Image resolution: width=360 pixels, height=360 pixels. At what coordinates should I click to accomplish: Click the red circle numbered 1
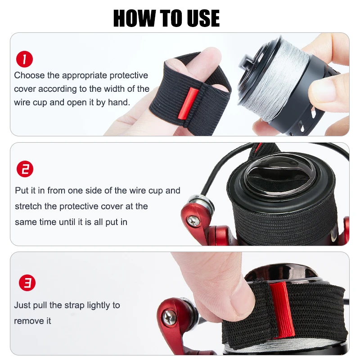[x=25, y=59]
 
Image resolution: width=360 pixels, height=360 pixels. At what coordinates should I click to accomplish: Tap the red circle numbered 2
[x=25, y=169]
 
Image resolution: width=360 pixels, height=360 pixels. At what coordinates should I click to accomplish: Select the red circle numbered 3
[x=27, y=283]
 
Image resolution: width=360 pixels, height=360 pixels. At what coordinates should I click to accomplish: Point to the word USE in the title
[x=203, y=18]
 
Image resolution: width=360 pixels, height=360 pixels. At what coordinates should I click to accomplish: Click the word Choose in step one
[x=29, y=75]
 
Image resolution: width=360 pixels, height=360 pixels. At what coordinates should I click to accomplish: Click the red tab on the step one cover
[x=187, y=103]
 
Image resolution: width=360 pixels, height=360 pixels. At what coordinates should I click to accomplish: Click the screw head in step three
[x=169, y=318]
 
